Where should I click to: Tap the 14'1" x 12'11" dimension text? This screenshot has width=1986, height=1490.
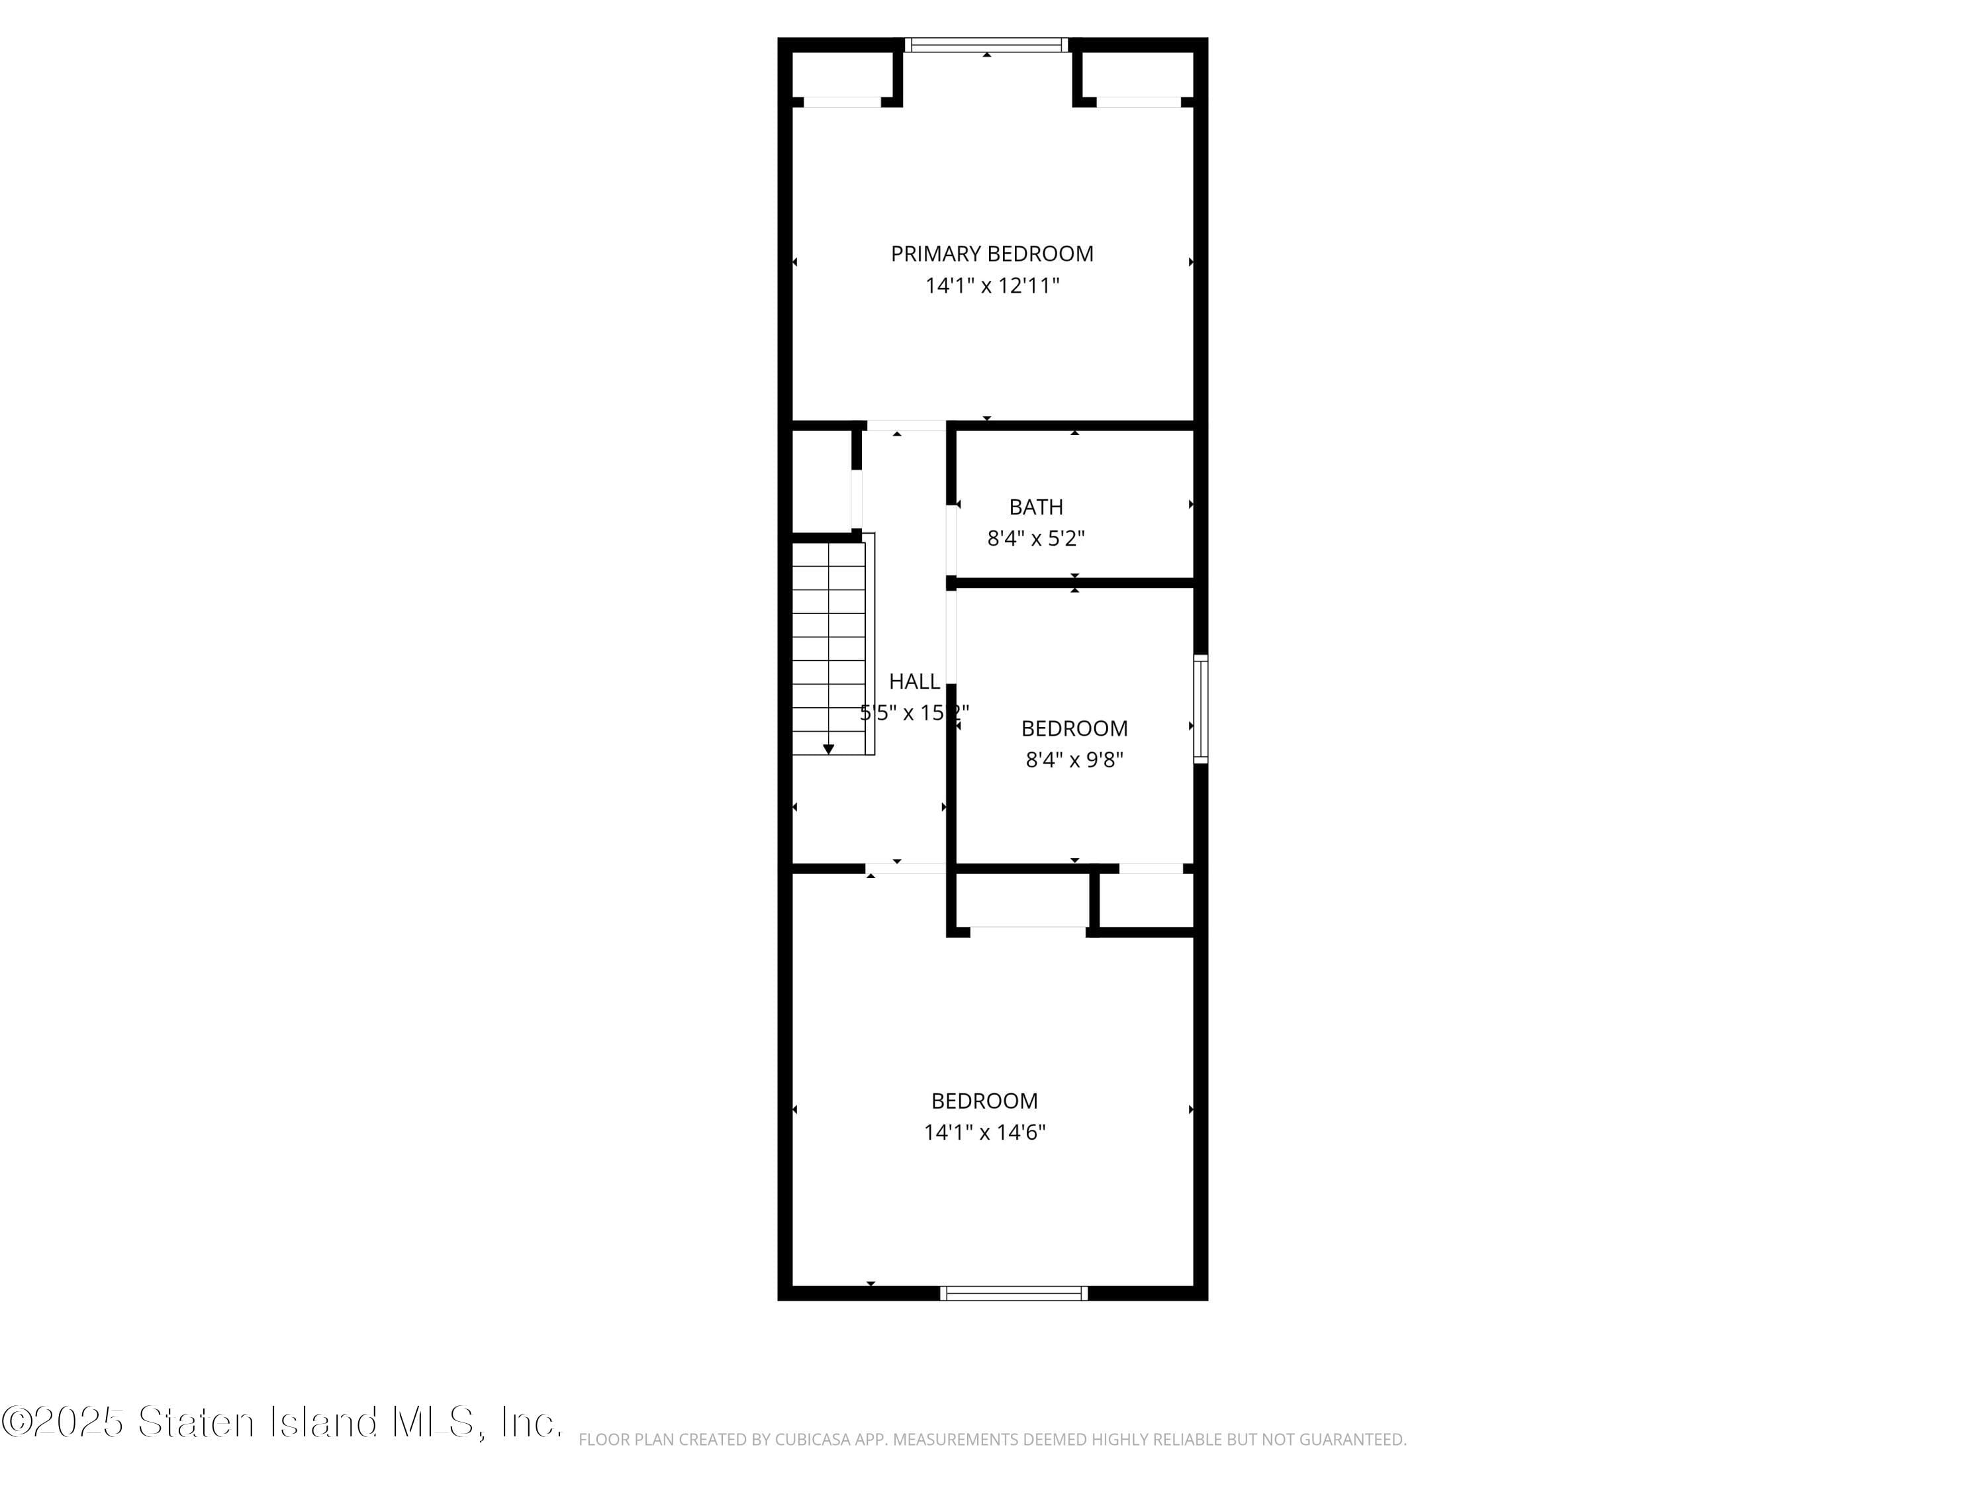click(x=992, y=285)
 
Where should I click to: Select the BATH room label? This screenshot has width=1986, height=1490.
click(x=1036, y=507)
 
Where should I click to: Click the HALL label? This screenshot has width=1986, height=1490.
click(x=914, y=681)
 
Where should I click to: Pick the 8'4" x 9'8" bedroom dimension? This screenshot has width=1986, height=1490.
click(x=1074, y=760)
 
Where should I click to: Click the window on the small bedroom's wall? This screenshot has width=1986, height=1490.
click(x=1200, y=709)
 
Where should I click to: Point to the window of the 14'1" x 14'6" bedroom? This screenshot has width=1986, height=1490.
click(x=1014, y=1293)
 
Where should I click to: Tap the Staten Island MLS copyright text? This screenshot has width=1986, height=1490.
click(x=282, y=1422)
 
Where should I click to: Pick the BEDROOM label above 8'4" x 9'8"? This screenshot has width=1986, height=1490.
click(x=1074, y=728)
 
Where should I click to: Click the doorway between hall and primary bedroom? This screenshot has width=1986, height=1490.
click(x=905, y=426)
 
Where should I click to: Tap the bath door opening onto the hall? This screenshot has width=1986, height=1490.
click(x=951, y=540)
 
